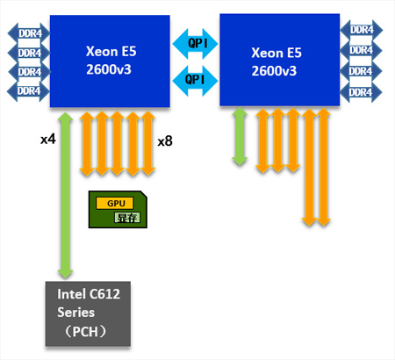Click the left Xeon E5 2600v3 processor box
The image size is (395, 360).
[x=110, y=61]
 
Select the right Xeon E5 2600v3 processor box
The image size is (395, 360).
[x=280, y=60]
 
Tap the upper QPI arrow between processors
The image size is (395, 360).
[x=195, y=44]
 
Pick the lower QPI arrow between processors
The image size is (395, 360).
[x=195, y=81]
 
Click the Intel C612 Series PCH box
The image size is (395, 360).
[x=88, y=313]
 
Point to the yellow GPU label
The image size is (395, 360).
[x=115, y=203]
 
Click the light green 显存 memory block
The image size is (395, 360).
[x=127, y=218]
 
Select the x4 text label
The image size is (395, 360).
[x=48, y=139]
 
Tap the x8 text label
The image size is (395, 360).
[x=165, y=141]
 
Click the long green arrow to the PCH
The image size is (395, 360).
[x=65, y=196]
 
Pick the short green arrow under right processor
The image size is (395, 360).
[x=240, y=136]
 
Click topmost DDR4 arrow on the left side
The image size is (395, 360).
[x=29, y=33]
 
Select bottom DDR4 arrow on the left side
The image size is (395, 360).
[x=28, y=91]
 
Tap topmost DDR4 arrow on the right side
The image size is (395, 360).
[x=362, y=30]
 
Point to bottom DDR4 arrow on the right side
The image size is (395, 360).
[x=361, y=92]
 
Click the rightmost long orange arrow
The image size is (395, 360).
[x=324, y=167]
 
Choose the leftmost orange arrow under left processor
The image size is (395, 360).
[x=87, y=143]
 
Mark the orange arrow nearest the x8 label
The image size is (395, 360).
[x=147, y=143]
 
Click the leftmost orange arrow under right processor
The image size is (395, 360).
[x=262, y=140]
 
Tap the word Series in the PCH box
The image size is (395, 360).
[x=75, y=313]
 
